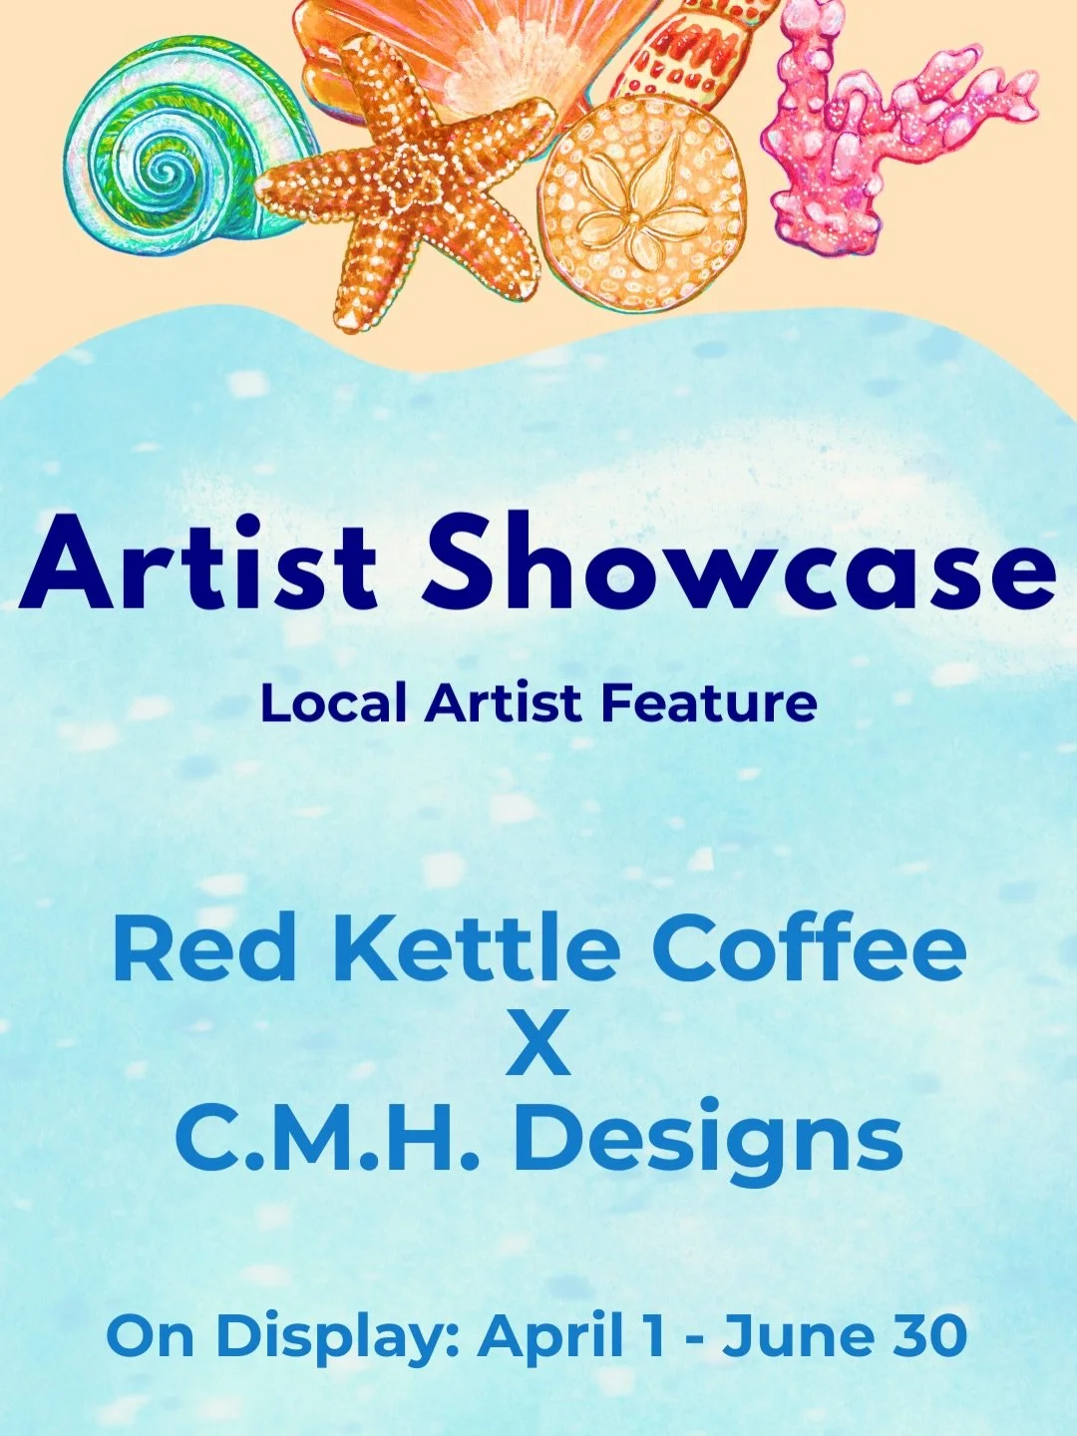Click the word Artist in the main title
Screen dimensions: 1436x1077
(198, 565)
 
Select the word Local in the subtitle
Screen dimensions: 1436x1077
(333, 704)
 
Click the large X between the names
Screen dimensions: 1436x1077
(538, 1043)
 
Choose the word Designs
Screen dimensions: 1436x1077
(708, 1143)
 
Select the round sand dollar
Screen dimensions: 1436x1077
(643, 204)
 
